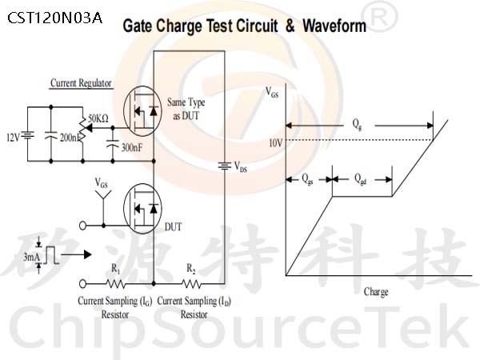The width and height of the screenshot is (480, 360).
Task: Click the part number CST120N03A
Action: coord(54,18)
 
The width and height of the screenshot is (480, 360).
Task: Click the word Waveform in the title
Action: coord(334,26)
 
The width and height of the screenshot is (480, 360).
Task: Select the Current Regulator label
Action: coord(81,83)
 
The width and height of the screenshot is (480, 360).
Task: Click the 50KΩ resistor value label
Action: coord(98,118)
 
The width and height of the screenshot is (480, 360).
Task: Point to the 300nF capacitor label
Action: coord(132,148)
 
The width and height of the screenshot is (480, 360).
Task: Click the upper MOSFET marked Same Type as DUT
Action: coord(142,111)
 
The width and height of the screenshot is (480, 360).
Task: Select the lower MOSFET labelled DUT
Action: coord(142,209)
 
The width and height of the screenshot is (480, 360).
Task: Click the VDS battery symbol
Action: coord(225,166)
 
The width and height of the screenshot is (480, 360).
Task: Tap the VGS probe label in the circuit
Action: coord(102,183)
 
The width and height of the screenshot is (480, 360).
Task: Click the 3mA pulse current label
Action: coord(32,257)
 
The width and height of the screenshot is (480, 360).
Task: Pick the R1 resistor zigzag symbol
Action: coord(115,284)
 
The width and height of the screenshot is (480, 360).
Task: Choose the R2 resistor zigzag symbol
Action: coord(191,284)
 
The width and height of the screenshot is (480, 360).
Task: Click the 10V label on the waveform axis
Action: coord(275,143)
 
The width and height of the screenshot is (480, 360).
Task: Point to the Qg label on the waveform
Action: coord(357,124)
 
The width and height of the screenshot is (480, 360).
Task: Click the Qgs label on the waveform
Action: coord(307,179)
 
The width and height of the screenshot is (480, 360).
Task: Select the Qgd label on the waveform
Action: coord(360,179)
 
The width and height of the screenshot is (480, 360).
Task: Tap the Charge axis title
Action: coord(376,292)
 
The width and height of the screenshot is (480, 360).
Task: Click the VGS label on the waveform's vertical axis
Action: coord(272,92)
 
